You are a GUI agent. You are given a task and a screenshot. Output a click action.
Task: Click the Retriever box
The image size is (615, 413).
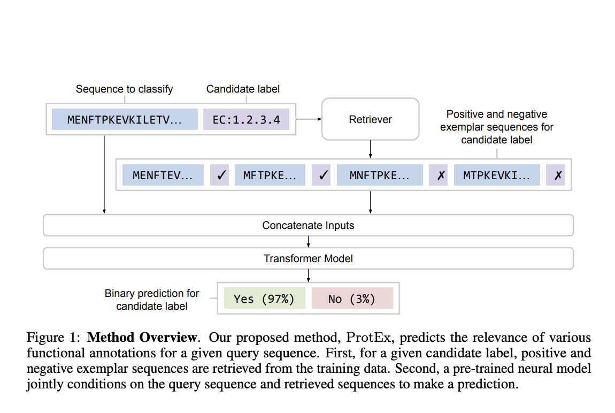(370, 119)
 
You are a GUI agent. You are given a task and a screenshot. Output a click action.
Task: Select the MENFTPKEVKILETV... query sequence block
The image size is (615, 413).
(125, 119)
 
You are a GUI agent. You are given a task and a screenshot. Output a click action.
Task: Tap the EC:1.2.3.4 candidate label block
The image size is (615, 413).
(246, 119)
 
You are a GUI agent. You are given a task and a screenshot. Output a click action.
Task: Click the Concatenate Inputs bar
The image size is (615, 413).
(308, 225)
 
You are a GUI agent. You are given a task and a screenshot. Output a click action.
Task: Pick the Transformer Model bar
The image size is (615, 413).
(308, 258)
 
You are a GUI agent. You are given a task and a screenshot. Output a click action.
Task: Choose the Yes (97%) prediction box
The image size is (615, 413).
(264, 299)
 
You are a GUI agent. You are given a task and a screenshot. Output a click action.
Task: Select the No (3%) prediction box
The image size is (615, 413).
(352, 299)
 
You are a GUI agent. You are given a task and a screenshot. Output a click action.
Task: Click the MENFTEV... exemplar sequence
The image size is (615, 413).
(163, 175)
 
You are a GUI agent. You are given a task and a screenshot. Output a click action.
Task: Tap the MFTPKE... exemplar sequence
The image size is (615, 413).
(270, 175)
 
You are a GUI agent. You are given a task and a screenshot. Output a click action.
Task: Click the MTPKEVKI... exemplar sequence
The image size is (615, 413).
(497, 175)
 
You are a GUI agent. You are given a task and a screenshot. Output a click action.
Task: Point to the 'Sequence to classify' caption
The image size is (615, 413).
(124, 89)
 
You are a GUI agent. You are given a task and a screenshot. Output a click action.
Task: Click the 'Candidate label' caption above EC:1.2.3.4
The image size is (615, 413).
(243, 89)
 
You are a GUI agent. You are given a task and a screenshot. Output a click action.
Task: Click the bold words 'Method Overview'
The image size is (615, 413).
(142, 338)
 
